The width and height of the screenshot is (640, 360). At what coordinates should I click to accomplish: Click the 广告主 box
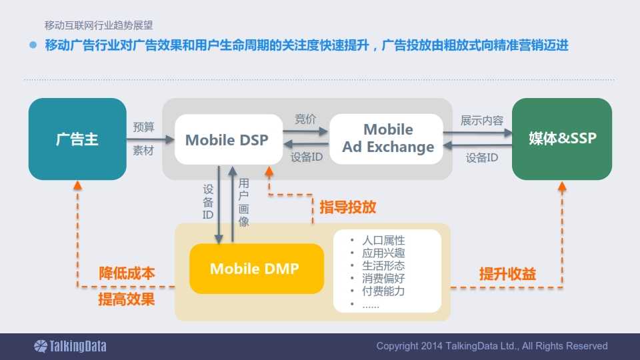click(x=77, y=139)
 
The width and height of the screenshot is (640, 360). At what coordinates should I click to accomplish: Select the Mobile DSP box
click(x=227, y=140)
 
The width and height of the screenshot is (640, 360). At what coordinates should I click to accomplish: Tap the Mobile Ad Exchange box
click(x=387, y=139)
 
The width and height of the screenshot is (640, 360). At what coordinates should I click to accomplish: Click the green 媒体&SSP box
click(x=562, y=139)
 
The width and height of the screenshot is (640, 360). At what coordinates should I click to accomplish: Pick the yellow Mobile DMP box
click(x=254, y=269)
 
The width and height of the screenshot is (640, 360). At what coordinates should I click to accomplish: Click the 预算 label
click(x=143, y=127)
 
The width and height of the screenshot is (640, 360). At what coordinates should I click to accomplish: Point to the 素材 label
click(x=143, y=151)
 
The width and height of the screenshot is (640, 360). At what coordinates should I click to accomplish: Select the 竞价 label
click(x=305, y=119)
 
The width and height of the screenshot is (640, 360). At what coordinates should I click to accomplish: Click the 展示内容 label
click(x=482, y=121)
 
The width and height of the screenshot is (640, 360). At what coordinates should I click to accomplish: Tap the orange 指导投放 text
click(x=347, y=207)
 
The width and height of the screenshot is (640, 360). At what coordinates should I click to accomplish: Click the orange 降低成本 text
click(x=127, y=273)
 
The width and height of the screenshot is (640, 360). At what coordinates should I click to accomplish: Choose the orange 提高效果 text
click(x=127, y=299)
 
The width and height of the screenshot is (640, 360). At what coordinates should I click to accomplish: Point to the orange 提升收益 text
click(x=507, y=274)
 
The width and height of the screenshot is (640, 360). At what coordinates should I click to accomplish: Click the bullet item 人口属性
click(x=383, y=240)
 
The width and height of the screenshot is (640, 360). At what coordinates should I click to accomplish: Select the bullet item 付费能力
click(x=383, y=291)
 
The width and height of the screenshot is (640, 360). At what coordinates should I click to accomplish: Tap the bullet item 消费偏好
click(x=383, y=279)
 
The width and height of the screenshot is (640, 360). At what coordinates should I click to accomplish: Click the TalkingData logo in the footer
click(x=70, y=346)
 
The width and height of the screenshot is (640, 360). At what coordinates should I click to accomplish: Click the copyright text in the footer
click(x=491, y=346)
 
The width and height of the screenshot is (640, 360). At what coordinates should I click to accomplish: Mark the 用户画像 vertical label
click(x=244, y=203)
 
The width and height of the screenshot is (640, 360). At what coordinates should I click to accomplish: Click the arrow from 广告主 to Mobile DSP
click(x=150, y=140)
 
